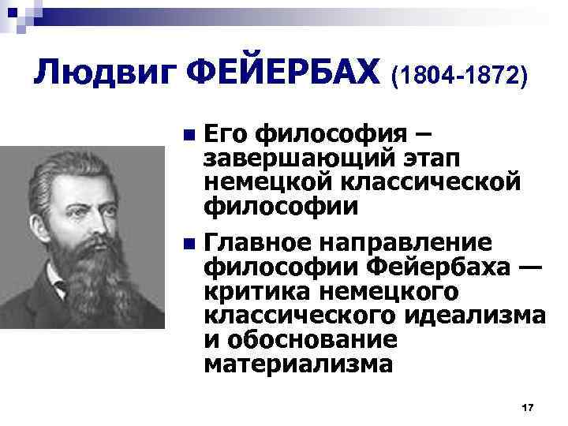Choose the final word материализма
pos(297,365)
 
